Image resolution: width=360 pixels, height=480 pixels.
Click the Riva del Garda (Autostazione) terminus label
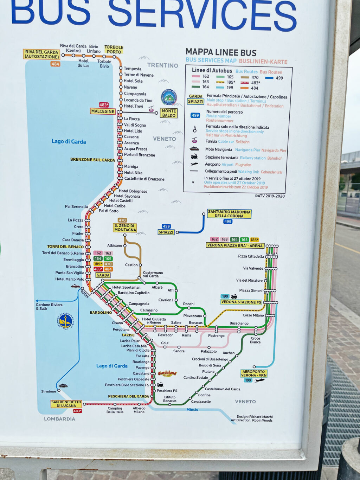tap(41, 54)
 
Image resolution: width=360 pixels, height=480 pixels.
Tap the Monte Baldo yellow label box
tap(169, 113)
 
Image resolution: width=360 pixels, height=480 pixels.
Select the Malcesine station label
tap(103, 111)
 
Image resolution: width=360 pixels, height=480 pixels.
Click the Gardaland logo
tap(167, 373)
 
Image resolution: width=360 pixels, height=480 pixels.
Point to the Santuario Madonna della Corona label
tap(229, 214)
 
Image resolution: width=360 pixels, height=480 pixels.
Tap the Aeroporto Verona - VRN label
tap(254, 373)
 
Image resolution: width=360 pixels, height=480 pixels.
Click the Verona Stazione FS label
tap(241, 302)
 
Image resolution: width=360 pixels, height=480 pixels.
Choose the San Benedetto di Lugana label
tap(66, 404)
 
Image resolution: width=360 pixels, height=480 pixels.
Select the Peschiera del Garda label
tap(128, 396)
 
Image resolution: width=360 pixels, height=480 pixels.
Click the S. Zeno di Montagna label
tap(125, 228)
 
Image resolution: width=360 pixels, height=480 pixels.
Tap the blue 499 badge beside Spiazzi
tap(166, 226)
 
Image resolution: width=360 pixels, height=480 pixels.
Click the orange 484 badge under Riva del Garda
tap(55, 64)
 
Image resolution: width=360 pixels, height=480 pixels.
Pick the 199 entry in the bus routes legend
tap(230, 88)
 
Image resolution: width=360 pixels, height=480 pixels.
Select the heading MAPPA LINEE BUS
tap(221, 52)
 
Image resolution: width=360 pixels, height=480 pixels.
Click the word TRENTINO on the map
tap(162, 65)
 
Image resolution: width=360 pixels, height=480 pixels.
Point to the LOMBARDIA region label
tap(59, 419)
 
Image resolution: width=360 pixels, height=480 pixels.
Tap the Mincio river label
tap(192, 410)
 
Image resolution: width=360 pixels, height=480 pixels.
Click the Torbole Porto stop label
tap(114, 50)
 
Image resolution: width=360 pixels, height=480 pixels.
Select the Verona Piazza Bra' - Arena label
tap(235, 245)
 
